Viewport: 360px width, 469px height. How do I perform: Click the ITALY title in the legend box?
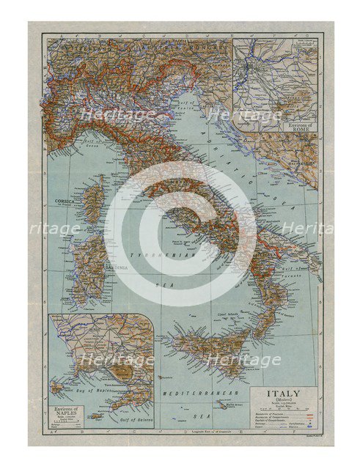click(284, 394)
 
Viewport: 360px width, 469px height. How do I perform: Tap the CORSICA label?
click(76, 199)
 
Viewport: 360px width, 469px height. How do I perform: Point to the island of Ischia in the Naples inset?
click(57, 386)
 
